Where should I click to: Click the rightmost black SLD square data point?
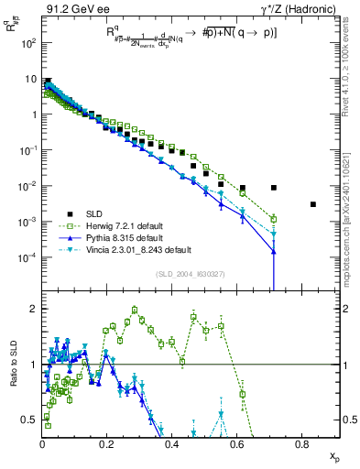click(x=313, y=204)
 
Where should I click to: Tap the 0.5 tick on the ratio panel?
click(x=31, y=420)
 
